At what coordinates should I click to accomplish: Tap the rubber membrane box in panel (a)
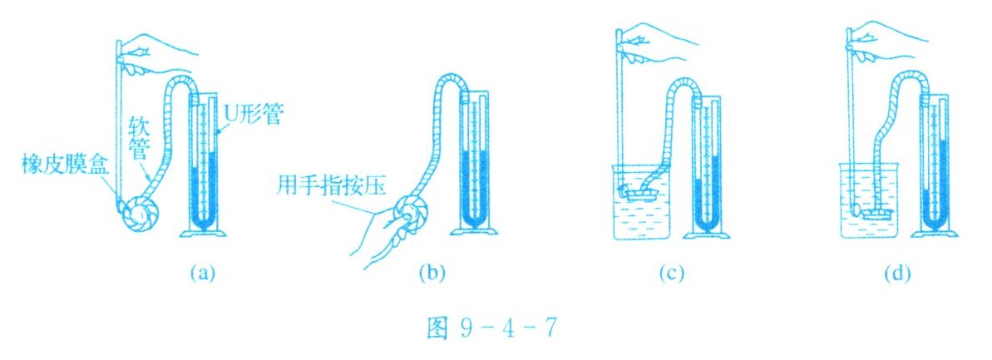pyautogui.click(x=142, y=218)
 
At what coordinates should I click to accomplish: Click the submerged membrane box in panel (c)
pyautogui.click(x=640, y=192)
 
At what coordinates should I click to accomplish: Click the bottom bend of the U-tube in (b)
pyautogui.click(x=475, y=219)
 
